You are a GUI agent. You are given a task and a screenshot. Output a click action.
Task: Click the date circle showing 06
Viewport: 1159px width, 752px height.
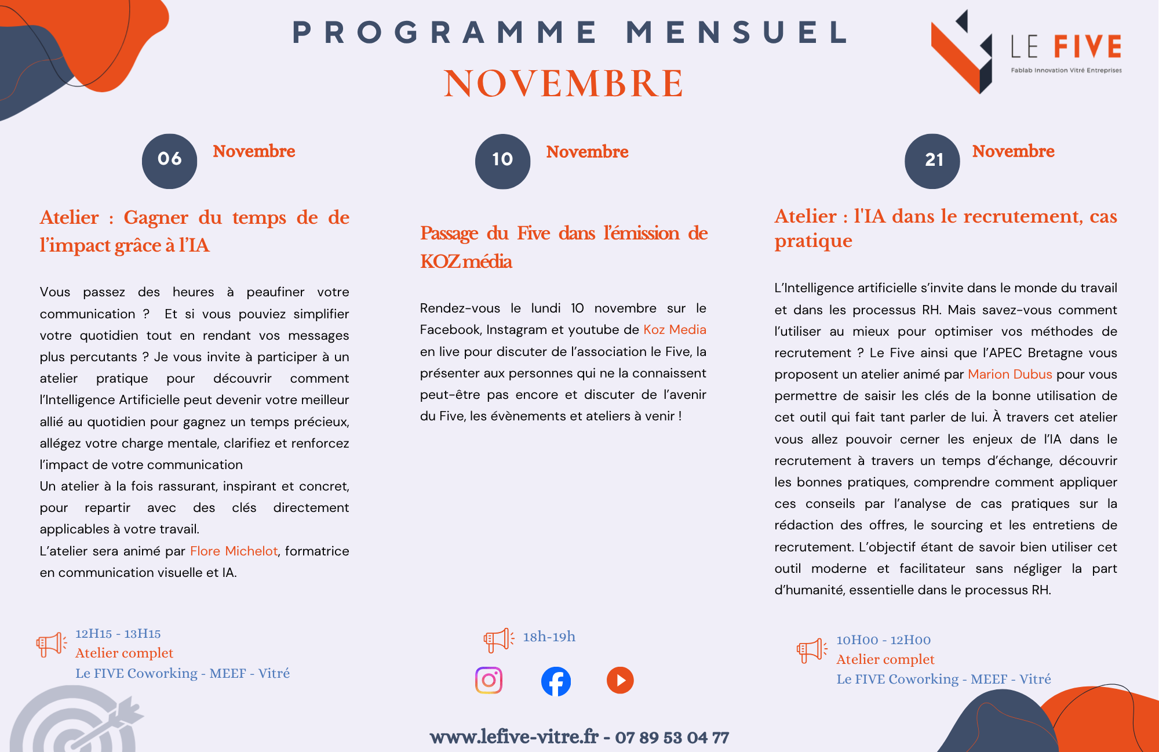point(169,161)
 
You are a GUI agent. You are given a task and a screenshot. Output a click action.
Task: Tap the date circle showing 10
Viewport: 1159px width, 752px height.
point(502,161)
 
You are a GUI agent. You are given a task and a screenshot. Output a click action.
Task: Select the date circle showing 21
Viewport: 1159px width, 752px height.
point(932,161)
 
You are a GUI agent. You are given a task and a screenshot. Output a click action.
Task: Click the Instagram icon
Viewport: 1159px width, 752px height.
point(489,680)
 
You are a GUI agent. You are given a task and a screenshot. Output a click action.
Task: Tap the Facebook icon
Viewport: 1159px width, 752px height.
point(556,681)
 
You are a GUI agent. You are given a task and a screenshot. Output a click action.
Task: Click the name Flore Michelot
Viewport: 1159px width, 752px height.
point(234,551)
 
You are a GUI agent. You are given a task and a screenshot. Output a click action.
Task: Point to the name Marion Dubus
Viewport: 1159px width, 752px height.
point(1009,375)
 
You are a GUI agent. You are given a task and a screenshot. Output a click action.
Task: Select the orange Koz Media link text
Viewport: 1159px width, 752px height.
point(675,330)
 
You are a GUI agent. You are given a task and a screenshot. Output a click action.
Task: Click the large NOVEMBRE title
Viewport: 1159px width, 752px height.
point(563,83)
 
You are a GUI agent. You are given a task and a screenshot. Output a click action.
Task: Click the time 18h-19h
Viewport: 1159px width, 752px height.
point(549,637)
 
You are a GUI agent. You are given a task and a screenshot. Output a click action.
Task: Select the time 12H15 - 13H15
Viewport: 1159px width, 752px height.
point(118,634)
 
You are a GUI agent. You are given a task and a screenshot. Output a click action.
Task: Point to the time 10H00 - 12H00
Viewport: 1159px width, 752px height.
point(883,640)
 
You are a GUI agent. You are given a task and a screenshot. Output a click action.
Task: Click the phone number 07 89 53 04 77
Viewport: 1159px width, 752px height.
point(672,738)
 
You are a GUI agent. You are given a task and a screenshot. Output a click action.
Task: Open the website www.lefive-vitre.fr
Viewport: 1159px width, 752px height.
point(513,737)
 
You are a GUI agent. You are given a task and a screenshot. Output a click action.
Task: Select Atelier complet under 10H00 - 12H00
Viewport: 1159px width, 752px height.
point(885,660)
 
